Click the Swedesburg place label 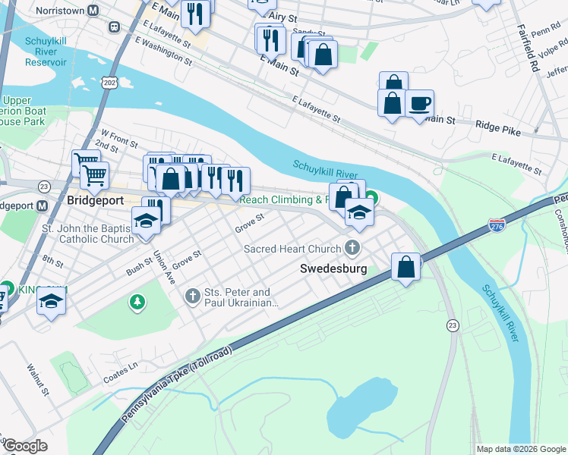333,268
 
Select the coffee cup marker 418,104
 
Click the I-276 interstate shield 497,225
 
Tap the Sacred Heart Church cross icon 352,248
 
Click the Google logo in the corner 24,446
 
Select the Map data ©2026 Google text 520,449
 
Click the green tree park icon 137,303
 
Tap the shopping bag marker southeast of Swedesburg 406,267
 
